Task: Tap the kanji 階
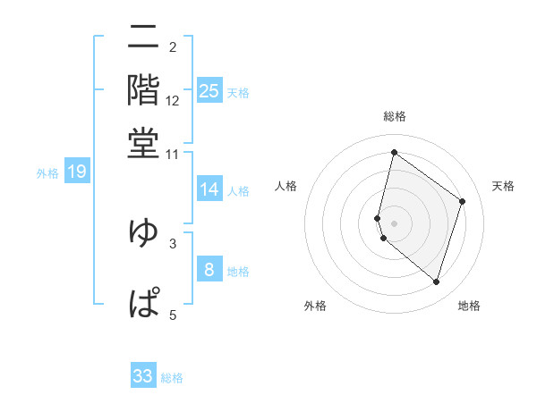pyautogui.click(x=143, y=89)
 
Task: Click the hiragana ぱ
pyautogui.click(x=143, y=302)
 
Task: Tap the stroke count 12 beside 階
pyautogui.click(x=173, y=101)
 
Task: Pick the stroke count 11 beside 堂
pyautogui.click(x=173, y=154)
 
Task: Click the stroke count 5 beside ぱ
pyautogui.click(x=173, y=314)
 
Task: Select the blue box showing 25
pyautogui.click(x=209, y=91)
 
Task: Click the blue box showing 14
pyautogui.click(x=209, y=189)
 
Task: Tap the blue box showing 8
pyautogui.click(x=209, y=270)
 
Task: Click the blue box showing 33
pyautogui.click(x=143, y=376)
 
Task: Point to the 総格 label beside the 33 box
pyautogui.click(x=172, y=378)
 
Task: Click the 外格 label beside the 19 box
pyautogui.click(x=47, y=173)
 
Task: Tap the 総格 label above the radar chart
pyautogui.click(x=395, y=116)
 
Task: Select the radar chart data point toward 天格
pyautogui.click(x=463, y=201)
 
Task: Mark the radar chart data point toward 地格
pyautogui.click(x=436, y=282)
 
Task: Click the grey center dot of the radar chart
pyautogui.click(x=395, y=222)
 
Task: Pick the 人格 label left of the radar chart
pyautogui.click(x=286, y=186)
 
